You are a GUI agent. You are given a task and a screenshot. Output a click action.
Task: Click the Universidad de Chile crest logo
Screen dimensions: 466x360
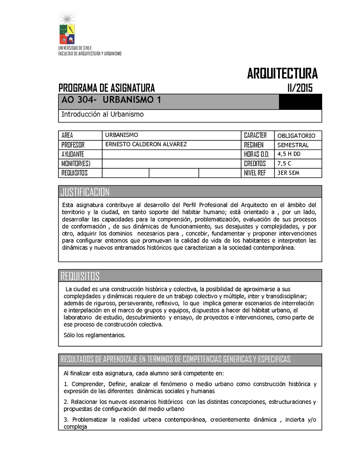tap(68, 28)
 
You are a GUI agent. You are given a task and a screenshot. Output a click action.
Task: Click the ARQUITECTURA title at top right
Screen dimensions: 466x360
tap(282, 73)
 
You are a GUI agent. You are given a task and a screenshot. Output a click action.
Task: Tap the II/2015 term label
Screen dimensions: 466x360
tap(300, 87)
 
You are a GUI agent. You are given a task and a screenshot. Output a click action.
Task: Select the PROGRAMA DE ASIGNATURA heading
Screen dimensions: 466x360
tap(107, 87)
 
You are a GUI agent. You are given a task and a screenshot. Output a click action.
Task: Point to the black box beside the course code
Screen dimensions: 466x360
tap(300, 101)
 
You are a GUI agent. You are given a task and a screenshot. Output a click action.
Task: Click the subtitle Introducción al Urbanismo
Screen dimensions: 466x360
tap(102, 114)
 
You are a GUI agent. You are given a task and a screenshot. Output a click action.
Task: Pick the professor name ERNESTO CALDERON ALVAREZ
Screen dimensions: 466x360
tap(145, 145)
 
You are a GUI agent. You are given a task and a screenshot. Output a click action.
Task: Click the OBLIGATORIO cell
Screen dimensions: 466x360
tap(296, 136)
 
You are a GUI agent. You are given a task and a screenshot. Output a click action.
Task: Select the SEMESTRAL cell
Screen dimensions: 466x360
tap(292, 145)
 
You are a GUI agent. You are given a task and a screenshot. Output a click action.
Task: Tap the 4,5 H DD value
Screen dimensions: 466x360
tap(289, 154)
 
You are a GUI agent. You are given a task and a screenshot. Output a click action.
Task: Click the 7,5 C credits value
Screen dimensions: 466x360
tap(285, 163)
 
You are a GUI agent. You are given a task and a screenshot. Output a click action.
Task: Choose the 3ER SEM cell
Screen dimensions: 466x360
tap(288, 173)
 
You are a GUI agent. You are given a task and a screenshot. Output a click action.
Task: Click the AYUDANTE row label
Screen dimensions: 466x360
tap(73, 154)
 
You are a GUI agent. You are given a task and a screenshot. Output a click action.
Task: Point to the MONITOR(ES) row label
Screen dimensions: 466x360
tap(76, 163)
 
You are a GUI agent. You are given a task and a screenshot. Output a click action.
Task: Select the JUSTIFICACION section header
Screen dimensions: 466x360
tap(85, 192)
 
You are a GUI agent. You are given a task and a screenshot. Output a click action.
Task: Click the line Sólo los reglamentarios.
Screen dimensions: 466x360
tap(94, 335)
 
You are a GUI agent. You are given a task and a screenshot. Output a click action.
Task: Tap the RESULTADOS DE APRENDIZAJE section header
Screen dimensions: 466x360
tap(175, 359)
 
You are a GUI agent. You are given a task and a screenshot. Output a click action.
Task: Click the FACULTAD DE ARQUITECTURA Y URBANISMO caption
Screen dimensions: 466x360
tap(90, 54)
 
